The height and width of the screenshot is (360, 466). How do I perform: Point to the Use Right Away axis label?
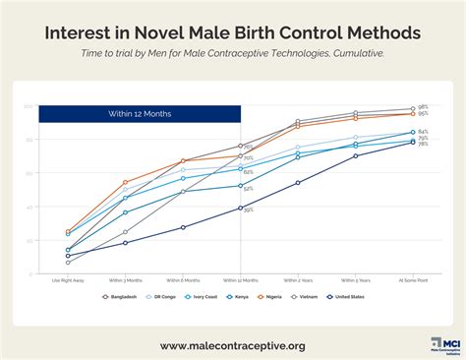[68, 279]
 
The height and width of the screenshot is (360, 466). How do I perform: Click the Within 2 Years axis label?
[298, 279]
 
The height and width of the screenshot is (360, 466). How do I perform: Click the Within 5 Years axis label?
[356, 279]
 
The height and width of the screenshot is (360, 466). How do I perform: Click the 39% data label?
[249, 210]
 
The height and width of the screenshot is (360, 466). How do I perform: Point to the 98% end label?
[423, 106]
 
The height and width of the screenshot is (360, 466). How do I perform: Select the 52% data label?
[249, 188]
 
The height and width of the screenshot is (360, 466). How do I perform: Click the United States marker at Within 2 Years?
[298, 183]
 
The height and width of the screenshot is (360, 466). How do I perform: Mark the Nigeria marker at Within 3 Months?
[125, 182]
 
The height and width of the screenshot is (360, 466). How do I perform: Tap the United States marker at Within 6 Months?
[183, 228]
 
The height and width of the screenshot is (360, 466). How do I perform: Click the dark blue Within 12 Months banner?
[140, 114]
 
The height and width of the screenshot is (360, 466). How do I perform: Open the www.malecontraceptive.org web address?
[233, 345]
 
